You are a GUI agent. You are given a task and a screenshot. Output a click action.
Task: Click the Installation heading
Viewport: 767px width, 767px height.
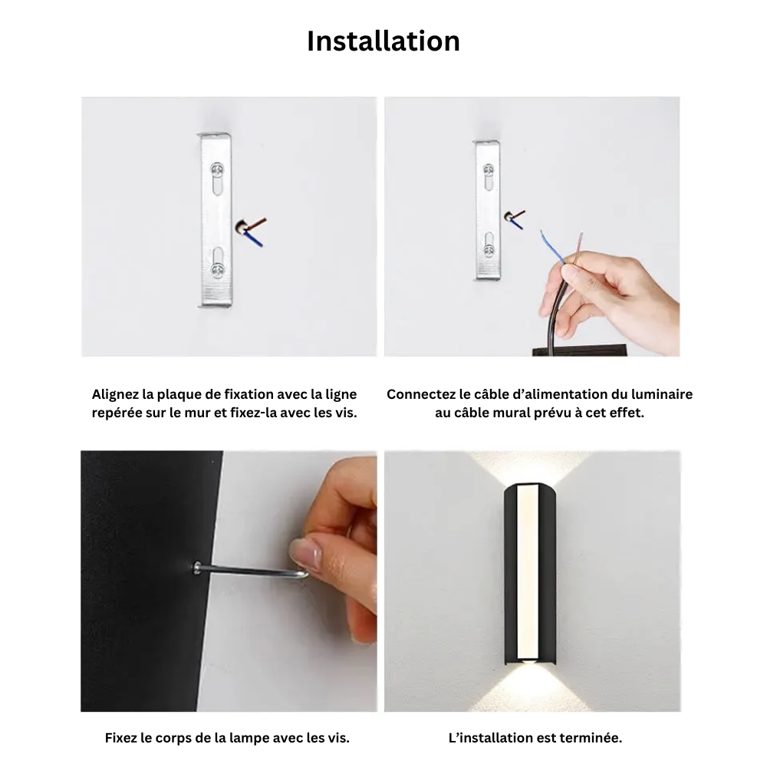pos(383,41)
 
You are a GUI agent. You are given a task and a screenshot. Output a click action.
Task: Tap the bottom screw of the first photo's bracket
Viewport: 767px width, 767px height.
pos(218,269)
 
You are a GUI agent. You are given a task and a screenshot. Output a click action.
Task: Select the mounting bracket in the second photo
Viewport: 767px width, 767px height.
pos(488,209)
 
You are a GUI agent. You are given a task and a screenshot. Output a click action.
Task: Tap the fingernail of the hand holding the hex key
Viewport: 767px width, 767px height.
pos(304,552)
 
